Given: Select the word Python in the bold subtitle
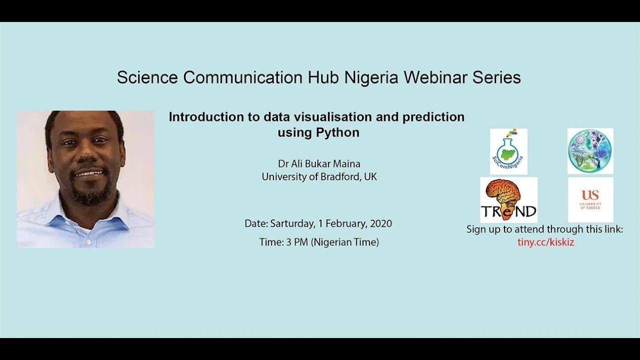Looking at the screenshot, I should [337, 133].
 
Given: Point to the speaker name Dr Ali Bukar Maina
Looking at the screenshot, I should [319, 163].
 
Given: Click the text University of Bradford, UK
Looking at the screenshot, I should [319, 176].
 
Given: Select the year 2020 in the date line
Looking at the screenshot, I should [381, 223].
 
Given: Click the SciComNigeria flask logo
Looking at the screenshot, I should [508, 151].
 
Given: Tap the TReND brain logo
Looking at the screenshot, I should [508, 200].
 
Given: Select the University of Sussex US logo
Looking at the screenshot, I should [590, 199].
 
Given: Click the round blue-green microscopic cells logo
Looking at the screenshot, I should [590, 151].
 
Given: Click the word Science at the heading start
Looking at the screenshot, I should [148, 77].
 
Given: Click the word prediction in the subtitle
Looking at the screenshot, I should [433, 117].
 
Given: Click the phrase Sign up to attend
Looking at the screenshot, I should [505, 229].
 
